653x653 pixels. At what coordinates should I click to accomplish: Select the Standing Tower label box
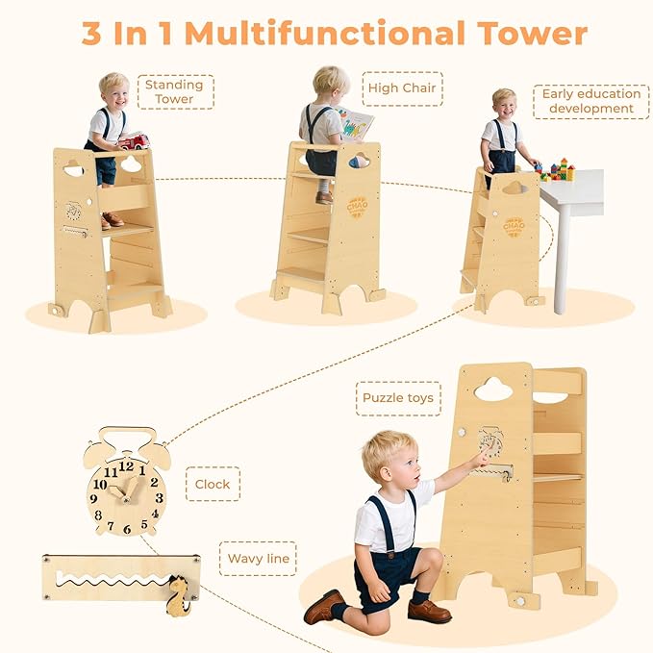[x=174, y=92]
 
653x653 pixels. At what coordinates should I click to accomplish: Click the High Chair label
[x=403, y=88]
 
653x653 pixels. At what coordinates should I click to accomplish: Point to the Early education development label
[x=590, y=101]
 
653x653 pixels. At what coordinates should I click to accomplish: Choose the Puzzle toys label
[x=398, y=398]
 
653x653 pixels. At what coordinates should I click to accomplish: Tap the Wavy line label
[x=262, y=558]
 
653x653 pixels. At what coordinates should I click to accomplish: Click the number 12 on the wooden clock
[x=125, y=466]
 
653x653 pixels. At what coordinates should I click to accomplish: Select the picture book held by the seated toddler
[x=356, y=122]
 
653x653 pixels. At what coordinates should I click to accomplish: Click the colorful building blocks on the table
[x=557, y=171]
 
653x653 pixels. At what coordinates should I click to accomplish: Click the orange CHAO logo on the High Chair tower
[x=357, y=208]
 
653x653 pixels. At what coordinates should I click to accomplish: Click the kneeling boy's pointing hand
[x=479, y=461]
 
